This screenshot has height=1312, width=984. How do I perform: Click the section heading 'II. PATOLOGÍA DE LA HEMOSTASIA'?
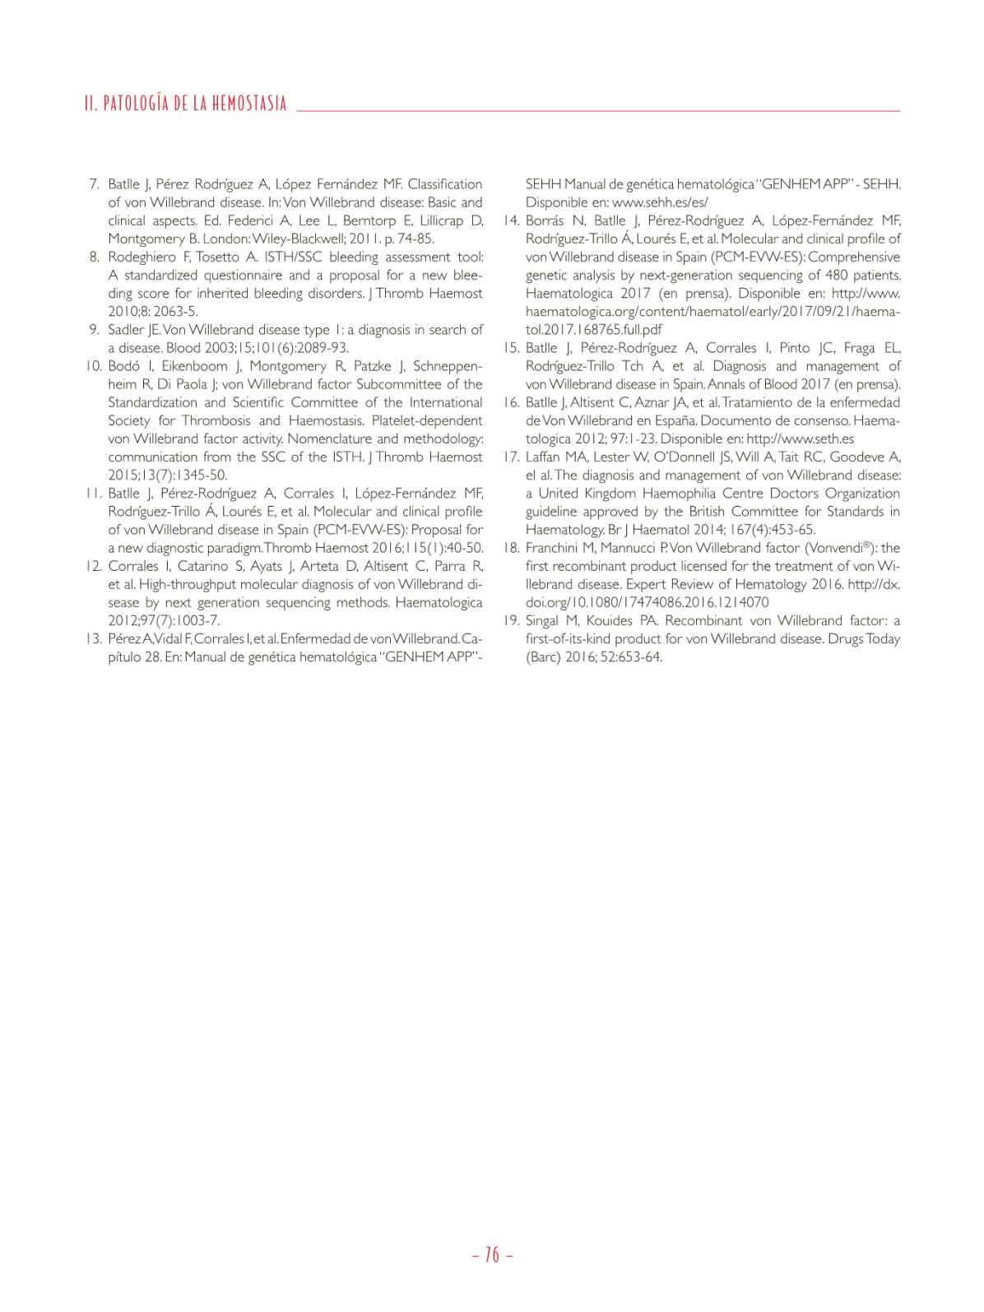[x=185, y=104]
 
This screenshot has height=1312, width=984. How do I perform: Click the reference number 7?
[x=94, y=184]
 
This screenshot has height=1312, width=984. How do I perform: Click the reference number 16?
[x=510, y=402]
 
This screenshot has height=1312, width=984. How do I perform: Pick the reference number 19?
[x=510, y=621]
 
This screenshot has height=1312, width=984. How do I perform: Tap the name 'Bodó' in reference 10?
[x=123, y=366]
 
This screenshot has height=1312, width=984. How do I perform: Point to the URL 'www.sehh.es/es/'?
[x=660, y=202]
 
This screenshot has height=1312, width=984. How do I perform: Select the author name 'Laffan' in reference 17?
[x=544, y=457]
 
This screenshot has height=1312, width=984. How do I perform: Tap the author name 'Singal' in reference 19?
[x=544, y=621]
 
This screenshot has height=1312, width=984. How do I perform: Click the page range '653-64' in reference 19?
[x=642, y=657]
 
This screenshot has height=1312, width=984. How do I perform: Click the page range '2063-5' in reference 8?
[x=174, y=312]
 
